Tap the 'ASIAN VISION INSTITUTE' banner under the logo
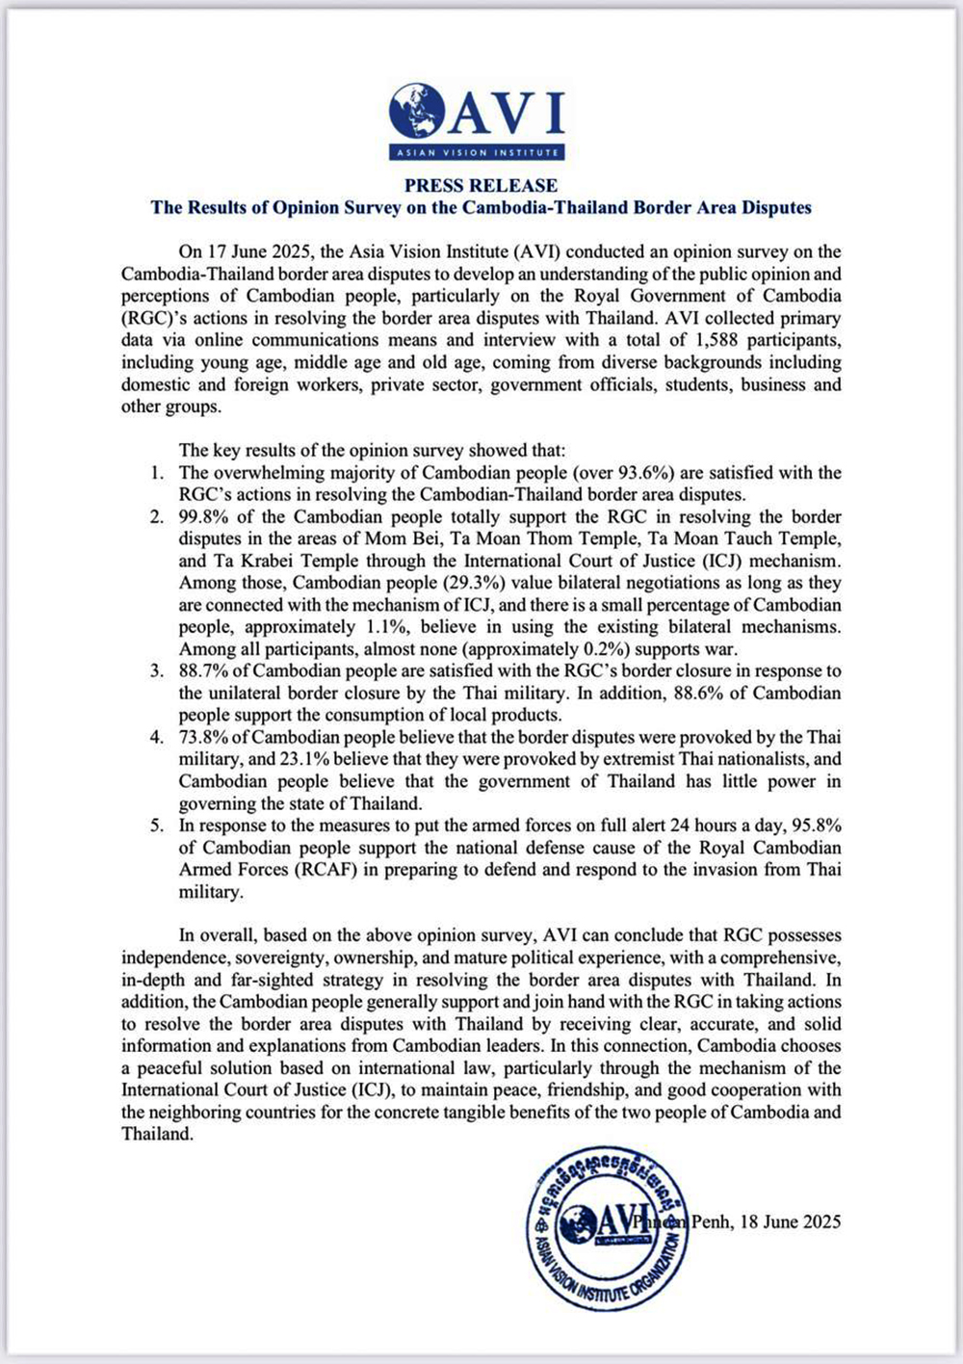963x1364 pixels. (478, 153)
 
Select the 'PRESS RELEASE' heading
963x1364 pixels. (481, 185)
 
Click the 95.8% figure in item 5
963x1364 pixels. (816, 826)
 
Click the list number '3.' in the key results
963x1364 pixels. (157, 671)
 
